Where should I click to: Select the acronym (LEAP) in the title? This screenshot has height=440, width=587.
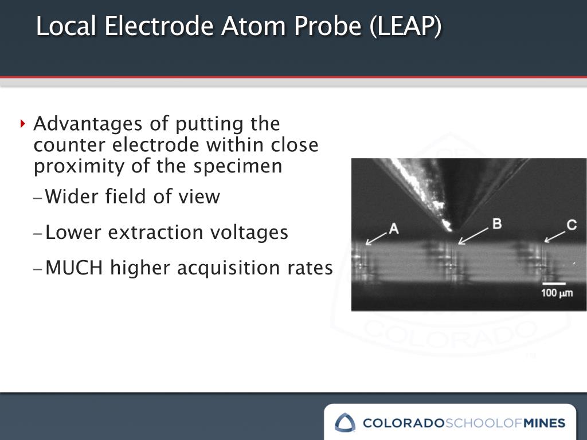tap(405, 26)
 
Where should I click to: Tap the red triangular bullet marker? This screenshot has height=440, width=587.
tap(23, 123)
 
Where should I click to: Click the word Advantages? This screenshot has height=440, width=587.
tap(88, 124)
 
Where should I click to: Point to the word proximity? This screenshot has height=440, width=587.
tap(79, 167)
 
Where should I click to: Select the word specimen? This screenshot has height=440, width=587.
tap(238, 167)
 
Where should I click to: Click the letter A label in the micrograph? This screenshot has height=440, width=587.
tap(394, 228)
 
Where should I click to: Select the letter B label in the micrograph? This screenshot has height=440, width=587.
tap(497, 224)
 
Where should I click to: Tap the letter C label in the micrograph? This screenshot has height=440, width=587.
tap(572, 225)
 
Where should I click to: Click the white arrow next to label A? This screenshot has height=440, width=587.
tap(376, 238)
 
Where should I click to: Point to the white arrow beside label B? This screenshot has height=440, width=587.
tap(473, 237)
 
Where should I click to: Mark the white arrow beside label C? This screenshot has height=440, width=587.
tap(554, 237)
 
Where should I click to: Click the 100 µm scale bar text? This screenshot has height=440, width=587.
tap(557, 293)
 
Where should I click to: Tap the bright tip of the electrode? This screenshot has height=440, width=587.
tap(447, 225)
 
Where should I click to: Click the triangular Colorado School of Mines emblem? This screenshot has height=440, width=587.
tap(345, 423)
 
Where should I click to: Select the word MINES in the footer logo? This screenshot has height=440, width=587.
tap(545, 423)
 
